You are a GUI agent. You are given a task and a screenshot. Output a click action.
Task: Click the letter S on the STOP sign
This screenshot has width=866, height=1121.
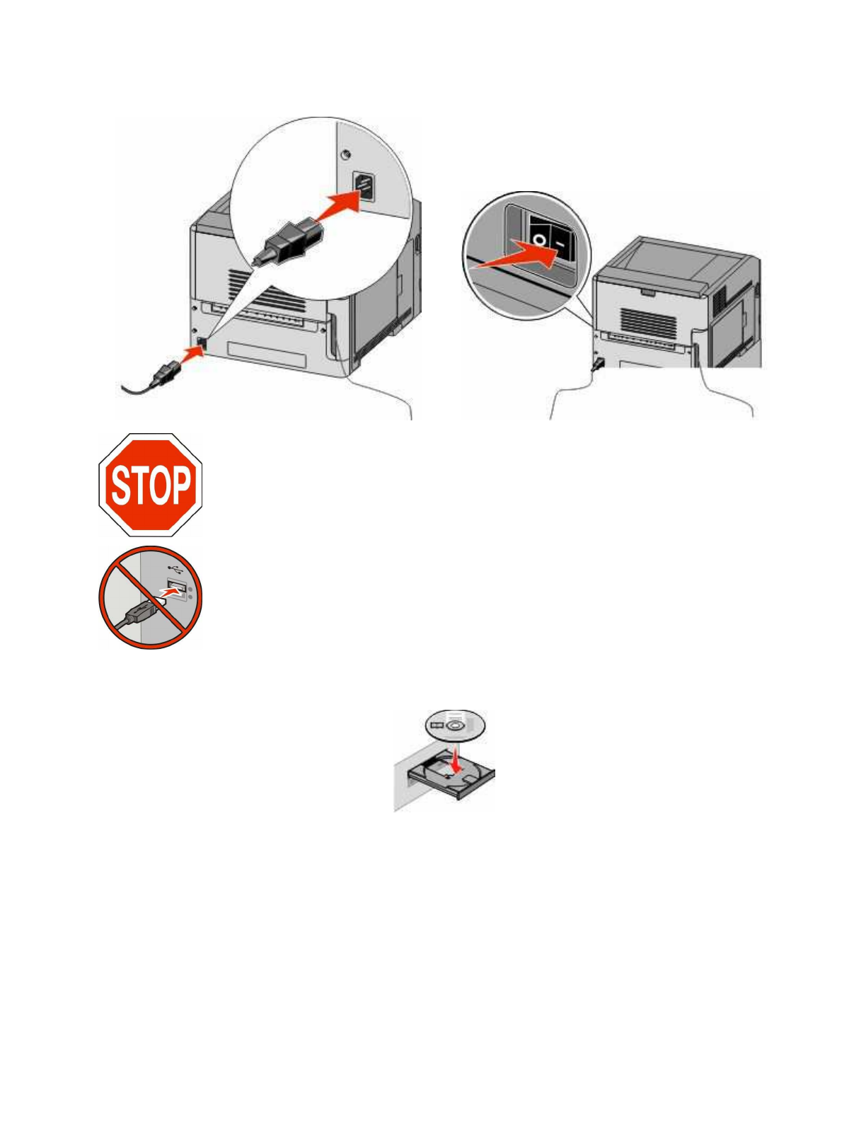coord(120,485)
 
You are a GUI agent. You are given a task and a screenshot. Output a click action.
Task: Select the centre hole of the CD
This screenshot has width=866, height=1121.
coord(454,725)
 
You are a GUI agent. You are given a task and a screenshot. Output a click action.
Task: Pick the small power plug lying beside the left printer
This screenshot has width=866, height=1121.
coord(162,372)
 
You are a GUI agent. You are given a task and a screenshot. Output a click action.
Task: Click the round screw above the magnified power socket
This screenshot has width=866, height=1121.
coord(345,155)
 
